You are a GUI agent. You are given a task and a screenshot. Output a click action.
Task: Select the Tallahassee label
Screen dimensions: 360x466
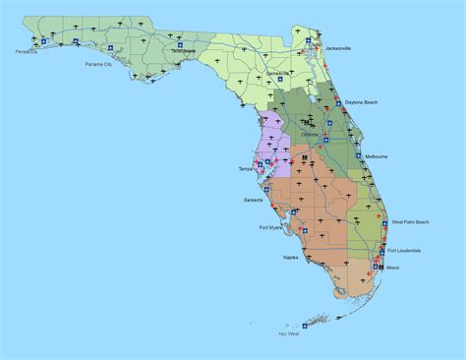pyautogui.click(x=184, y=50)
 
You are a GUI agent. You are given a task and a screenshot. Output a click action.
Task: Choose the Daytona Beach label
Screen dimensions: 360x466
pyautogui.click(x=361, y=101)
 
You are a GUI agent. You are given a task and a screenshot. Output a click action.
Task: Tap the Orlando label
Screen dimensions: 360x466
pyautogui.click(x=310, y=135)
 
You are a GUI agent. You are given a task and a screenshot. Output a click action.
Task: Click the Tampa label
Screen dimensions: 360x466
pyautogui.click(x=245, y=168)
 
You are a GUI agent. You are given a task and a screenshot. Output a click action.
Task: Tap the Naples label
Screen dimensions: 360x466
pyautogui.click(x=291, y=257)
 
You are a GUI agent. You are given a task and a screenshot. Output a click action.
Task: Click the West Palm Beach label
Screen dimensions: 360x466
pyautogui.click(x=410, y=222)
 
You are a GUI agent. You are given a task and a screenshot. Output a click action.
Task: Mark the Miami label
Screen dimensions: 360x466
pyautogui.click(x=393, y=268)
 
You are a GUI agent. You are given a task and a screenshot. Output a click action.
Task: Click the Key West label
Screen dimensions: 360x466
pyautogui.click(x=289, y=334)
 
